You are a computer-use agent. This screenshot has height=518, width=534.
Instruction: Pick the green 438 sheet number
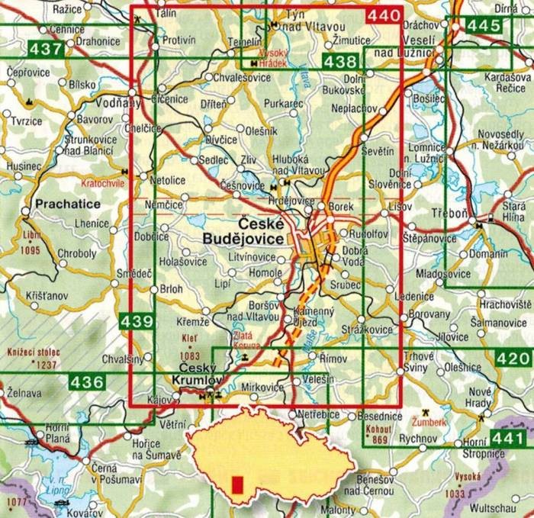(x=339, y=62)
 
